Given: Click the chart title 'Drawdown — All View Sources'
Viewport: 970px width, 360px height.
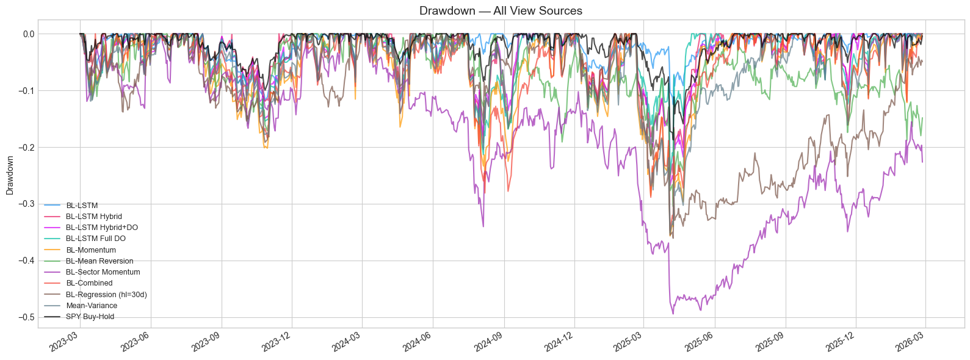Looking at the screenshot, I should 501,10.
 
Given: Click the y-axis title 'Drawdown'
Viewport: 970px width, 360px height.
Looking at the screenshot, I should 10,175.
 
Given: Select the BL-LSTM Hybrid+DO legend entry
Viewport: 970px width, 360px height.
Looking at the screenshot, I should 101,228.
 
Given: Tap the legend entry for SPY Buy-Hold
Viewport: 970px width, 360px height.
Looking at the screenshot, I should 90,317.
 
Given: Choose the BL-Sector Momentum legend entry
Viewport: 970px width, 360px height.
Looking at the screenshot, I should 103,272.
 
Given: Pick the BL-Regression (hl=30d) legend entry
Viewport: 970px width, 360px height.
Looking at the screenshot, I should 106,295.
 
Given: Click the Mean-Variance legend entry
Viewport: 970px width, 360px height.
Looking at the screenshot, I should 92,306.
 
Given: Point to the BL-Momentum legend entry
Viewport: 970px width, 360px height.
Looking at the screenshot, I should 90,250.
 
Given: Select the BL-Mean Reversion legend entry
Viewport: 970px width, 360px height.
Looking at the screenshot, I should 100,261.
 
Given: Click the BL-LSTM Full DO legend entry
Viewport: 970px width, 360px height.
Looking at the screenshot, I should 95,239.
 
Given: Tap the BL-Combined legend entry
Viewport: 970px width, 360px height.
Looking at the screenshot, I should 89,283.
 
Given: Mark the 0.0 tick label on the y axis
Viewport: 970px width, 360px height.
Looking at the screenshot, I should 29,34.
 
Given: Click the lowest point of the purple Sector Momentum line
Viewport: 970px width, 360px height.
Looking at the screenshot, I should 673,314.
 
